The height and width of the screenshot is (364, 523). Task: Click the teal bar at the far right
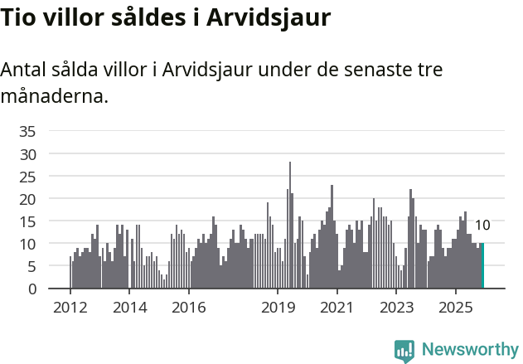tap(482, 266)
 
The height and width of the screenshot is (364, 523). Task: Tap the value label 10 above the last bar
tap(482, 226)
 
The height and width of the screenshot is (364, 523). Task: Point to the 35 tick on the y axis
tap(27, 131)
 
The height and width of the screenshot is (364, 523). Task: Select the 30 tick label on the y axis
tap(27, 154)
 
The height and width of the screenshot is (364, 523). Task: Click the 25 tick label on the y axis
tap(27, 177)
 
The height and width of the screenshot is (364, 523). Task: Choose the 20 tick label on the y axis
tap(27, 199)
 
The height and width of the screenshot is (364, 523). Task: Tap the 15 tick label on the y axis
tap(27, 221)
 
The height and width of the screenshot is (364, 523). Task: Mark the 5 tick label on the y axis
tap(31, 267)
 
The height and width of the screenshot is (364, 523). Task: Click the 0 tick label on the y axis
tap(31, 289)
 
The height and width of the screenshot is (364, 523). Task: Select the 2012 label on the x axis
tap(70, 308)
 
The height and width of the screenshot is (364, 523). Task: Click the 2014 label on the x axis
tap(129, 308)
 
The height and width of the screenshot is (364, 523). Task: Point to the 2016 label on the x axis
tap(189, 308)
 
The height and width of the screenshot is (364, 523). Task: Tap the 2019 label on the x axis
tap(278, 308)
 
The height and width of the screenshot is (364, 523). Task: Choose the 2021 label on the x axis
tap(337, 308)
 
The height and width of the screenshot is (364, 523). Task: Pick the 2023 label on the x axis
tap(396, 308)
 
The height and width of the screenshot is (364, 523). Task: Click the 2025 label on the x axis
tap(456, 308)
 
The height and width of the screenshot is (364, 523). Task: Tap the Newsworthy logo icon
tap(404, 351)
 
